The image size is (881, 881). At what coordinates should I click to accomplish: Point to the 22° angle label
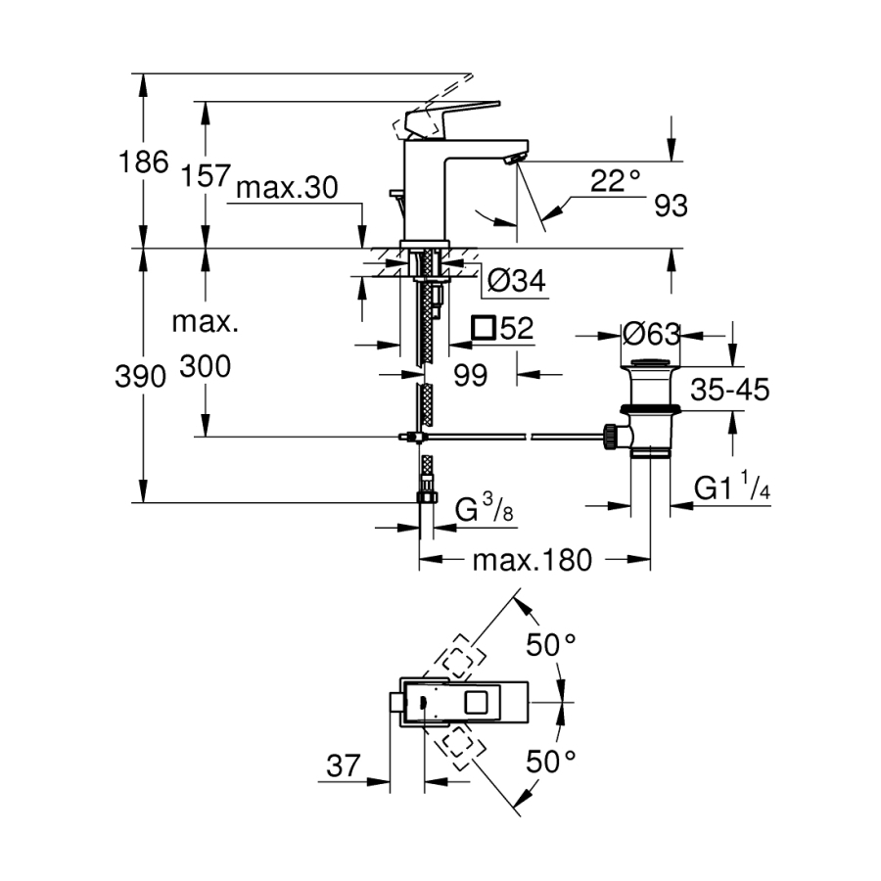coord(616,180)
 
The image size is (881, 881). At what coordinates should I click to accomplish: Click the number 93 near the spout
coord(671,207)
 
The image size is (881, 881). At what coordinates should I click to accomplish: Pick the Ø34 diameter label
coord(515,282)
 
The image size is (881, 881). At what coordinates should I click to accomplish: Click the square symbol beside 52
coord(483,328)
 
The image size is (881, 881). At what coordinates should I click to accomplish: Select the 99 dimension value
coord(471,376)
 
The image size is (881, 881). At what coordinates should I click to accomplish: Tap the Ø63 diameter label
coord(651,334)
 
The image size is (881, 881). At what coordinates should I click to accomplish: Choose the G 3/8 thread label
coord(485,509)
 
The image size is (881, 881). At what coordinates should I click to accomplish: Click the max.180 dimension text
coord(533,561)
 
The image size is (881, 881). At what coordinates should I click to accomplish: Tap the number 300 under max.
coord(205,367)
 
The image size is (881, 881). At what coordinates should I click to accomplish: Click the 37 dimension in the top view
coord(343,765)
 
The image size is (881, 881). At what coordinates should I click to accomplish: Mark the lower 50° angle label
coord(551,761)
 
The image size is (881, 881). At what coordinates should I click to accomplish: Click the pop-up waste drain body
coord(649,411)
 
